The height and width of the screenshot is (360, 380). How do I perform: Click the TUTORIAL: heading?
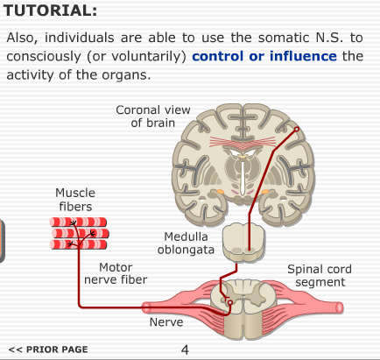[x=50, y=11]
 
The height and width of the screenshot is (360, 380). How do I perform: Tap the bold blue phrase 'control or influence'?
[x=264, y=56]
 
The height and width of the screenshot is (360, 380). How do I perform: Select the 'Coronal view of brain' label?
[x=153, y=116]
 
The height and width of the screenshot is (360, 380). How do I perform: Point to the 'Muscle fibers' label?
[x=75, y=200]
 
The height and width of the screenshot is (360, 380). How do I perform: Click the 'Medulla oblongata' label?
[x=186, y=243]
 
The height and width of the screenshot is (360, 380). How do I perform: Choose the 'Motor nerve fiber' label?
[x=116, y=273]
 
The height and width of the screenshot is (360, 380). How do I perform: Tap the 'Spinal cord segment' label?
[x=320, y=275]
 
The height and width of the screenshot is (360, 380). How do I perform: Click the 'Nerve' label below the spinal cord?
[x=166, y=322]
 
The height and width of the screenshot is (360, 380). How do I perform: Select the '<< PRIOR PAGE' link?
[x=48, y=349]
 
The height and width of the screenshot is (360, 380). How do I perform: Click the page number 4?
[x=185, y=349]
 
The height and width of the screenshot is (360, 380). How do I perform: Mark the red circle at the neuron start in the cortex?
[x=297, y=129]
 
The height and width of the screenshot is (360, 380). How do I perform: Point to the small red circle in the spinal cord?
[x=230, y=302]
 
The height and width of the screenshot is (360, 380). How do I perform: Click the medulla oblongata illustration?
[x=243, y=242]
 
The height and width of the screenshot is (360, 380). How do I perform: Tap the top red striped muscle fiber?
[x=78, y=222]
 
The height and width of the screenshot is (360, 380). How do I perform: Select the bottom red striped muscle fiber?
[x=79, y=244]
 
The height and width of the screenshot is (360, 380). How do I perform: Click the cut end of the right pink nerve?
[x=340, y=307]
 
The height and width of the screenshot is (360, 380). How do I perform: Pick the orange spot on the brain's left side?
[x=220, y=192]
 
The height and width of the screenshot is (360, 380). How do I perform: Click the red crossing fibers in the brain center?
[x=243, y=143]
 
